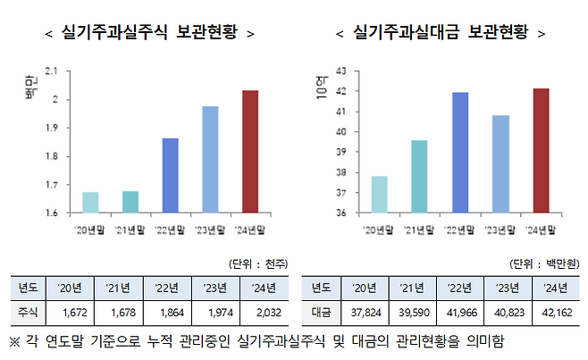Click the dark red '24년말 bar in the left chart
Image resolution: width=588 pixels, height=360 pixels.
click(x=250, y=152)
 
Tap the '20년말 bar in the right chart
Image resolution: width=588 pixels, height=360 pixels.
click(x=379, y=195)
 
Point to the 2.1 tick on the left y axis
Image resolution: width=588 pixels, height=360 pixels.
click(x=63, y=71)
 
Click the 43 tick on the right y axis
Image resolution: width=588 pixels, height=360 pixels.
click(x=340, y=71)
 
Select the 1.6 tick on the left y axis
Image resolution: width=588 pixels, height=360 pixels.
click(x=63, y=213)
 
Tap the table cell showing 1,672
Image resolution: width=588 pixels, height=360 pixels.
click(x=74, y=313)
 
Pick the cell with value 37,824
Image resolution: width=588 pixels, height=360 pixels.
click(x=365, y=313)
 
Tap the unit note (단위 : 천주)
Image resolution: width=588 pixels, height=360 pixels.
click(x=258, y=264)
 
